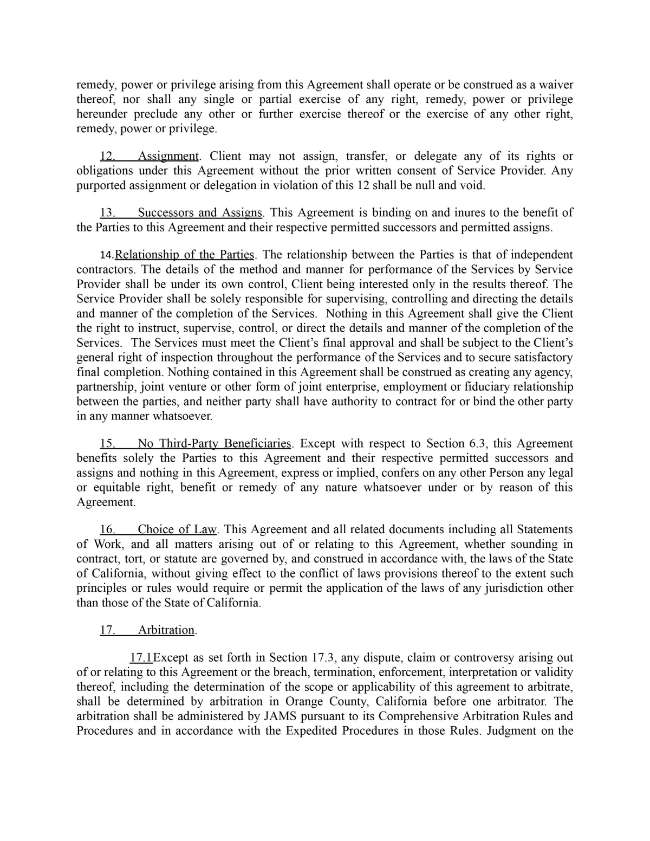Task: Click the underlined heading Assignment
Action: point(168,156)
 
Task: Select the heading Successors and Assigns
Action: point(200,212)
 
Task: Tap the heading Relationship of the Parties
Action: point(185,255)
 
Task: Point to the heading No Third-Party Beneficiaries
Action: point(214,443)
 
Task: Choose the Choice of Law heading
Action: point(177,529)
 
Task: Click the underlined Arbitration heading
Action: point(166,630)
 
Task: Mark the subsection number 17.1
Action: point(141,657)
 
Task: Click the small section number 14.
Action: point(107,255)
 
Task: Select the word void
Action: point(472,185)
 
